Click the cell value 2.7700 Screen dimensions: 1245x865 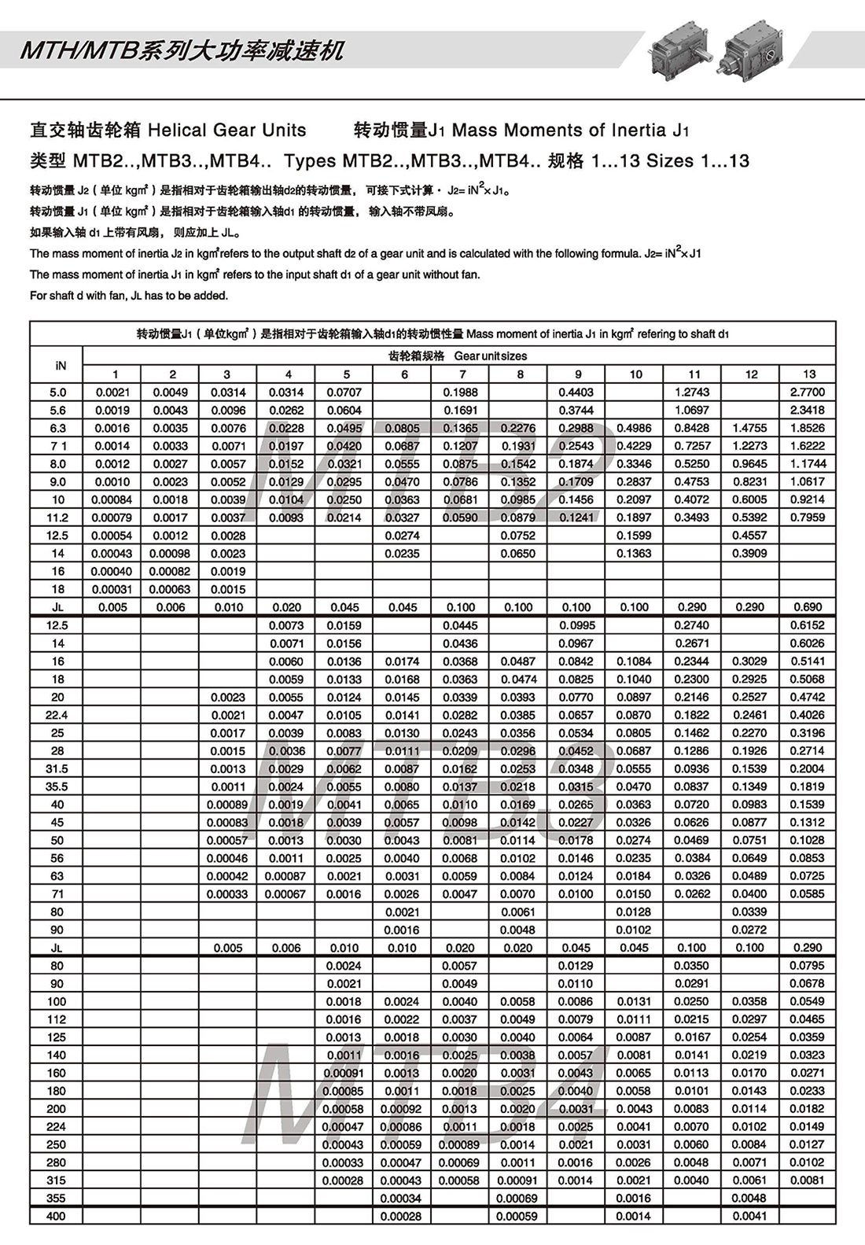[808, 392]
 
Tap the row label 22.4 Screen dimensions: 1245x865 [57, 715]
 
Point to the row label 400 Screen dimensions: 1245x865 [57, 1216]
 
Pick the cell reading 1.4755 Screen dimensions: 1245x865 [749, 428]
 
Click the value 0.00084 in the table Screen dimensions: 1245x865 [112, 499]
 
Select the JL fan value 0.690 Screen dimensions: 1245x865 [808, 607]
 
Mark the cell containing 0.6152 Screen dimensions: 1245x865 [808, 625]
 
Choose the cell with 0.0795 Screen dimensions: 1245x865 [808, 965]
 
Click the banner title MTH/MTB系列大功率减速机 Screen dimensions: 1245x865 [182, 51]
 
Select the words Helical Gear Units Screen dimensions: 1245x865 [227, 130]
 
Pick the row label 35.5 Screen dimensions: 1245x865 [57, 786]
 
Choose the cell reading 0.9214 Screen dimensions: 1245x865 [808, 499]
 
